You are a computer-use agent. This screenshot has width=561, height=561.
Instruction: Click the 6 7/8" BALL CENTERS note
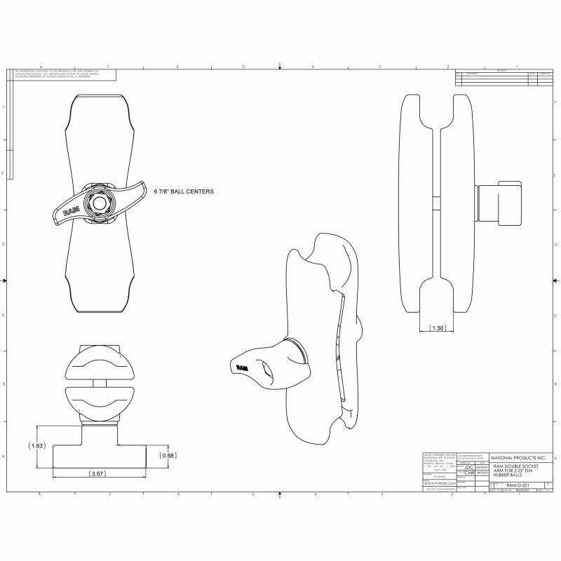pyautogui.click(x=183, y=191)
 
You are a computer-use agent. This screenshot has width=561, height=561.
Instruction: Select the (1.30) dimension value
pyautogui.click(x=438, y=327)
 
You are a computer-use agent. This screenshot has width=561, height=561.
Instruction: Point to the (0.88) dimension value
pyautogui.click(x=167, y=456)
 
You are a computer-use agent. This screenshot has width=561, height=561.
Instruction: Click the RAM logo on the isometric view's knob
pyautogui.click(x=241, y=367)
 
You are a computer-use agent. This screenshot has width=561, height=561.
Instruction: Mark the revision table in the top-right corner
pyautogui.click(x=502, y=77)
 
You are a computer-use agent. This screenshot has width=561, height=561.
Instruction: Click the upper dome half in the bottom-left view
pyautogui.click(x=95, y=365)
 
